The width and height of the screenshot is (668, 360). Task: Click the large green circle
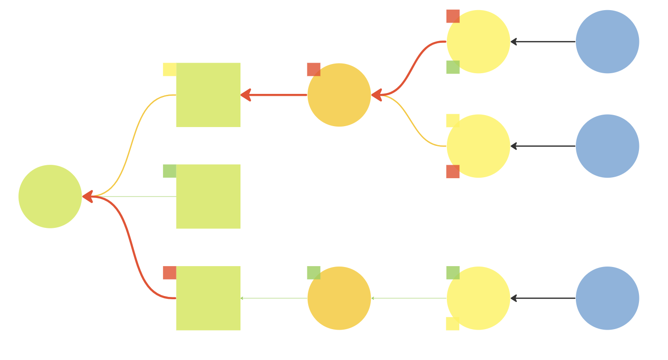click(x=50, y=197)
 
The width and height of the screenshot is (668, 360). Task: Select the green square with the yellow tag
click(x=208, y=95)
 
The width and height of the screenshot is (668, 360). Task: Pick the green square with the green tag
click(x=208, y=197)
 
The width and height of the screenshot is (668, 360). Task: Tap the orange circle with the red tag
click(x=339, y=95)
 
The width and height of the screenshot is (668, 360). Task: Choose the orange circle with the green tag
click(x=339, y=298)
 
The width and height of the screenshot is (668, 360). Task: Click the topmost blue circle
click(x=607, y=41)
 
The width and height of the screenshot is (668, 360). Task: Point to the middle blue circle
click(x=607, y=146)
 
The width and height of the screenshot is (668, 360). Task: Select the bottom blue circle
click(x=607, y=298)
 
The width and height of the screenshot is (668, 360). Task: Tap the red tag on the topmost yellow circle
click(x=453, y=16)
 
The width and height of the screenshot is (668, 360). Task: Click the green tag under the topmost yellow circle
click(x=453, y=67)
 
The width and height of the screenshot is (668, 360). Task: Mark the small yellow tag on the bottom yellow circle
click(x=452, y=324)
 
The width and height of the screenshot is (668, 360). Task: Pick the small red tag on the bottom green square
click(x=170, y=273)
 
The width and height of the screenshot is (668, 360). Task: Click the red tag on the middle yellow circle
click(x=453, y=172)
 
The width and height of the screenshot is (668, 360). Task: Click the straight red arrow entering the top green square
click(x=274, y=95)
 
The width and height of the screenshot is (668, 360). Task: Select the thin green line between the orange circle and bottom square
click(x=274, y=298)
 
